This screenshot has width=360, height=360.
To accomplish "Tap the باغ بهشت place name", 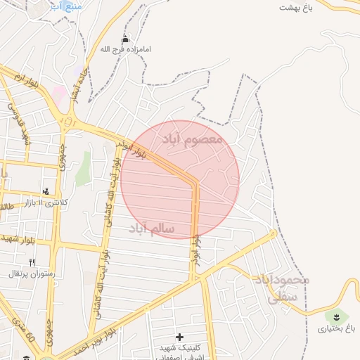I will (x=295, y=7).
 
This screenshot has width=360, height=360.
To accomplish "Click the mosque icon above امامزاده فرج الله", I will (x=125, y=39).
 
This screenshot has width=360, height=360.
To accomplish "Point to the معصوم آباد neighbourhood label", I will (x=192, y=139).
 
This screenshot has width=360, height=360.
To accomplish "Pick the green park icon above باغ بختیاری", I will (x=336, y=314).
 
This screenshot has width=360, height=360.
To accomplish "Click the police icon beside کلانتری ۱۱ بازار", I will (x=46, y=191).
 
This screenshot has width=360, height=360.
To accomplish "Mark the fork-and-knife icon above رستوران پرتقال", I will (x=32, y=262).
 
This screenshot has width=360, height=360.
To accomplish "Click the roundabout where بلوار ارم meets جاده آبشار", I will (x=68, y=121).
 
